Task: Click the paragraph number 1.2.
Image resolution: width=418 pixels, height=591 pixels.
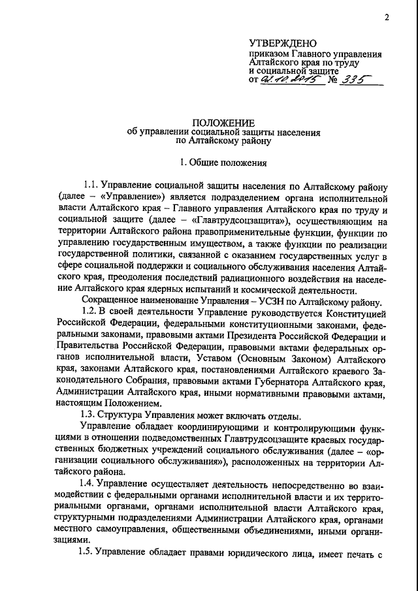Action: tap(89, 311)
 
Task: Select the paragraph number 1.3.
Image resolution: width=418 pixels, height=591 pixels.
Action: tap(87, 414)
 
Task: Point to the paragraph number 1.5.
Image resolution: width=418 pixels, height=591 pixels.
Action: tap(88, 553)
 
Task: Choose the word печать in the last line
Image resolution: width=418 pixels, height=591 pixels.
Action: tap(355, 553)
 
